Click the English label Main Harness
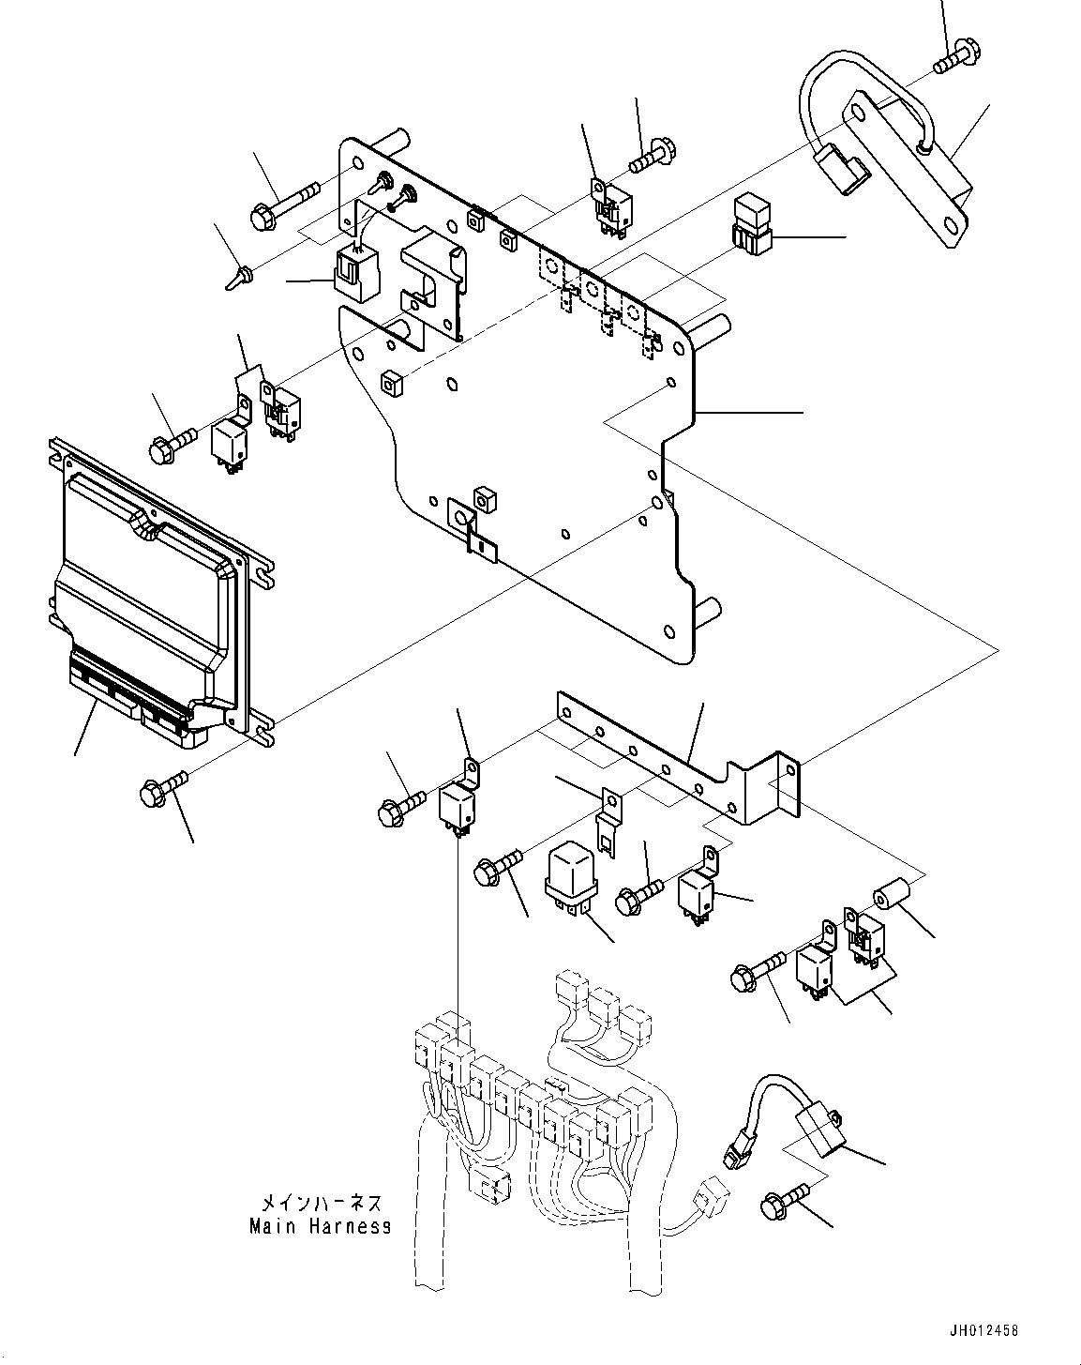320,1226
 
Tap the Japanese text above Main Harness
321,1203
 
